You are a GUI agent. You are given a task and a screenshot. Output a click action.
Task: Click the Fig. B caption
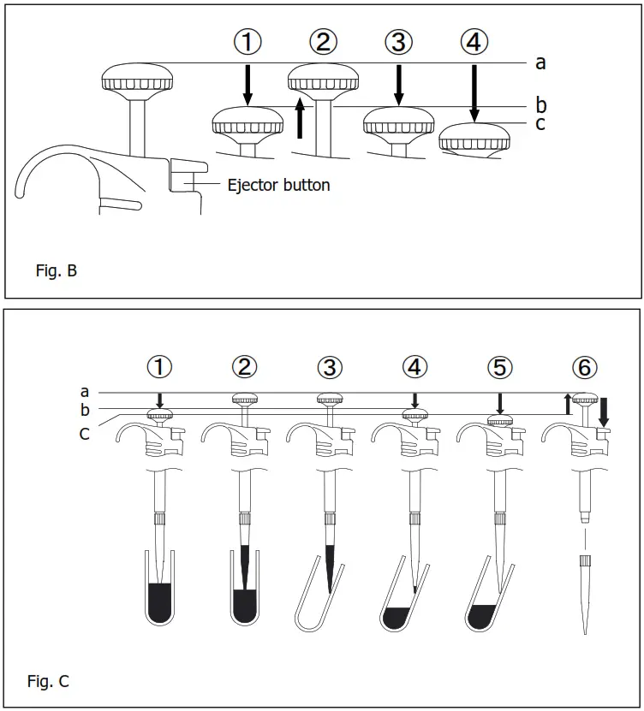57,272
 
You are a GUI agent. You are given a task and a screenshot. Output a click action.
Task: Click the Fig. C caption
48,681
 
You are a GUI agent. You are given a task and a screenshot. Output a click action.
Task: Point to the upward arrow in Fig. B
299,117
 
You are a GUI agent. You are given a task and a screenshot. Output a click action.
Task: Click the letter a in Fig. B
540,62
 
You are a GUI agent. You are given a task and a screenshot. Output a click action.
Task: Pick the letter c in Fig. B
540,123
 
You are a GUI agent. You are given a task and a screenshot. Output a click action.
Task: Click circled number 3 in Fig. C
330,368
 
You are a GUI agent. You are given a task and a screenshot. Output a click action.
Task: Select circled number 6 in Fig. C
585,368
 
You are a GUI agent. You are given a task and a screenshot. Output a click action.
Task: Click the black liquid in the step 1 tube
159,599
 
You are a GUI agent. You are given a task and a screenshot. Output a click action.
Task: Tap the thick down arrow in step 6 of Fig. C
604,411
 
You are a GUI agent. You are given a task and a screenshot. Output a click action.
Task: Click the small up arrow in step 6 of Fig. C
567,403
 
